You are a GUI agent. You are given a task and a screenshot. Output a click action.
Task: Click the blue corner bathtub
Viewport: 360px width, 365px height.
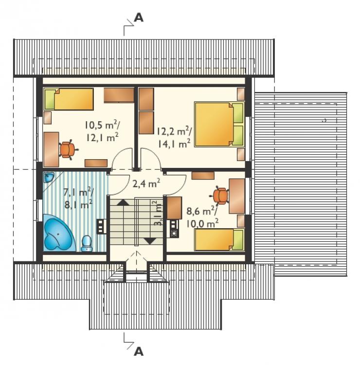[59, 233]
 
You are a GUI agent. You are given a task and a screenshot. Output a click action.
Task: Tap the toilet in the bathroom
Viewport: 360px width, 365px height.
[87, 243]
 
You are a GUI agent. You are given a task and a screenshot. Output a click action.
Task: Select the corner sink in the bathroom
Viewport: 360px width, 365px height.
[48, 178]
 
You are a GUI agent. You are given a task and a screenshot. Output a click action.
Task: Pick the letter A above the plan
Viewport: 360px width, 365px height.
[139, 18]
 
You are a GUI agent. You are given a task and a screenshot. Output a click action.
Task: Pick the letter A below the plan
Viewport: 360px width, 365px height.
[139, 351]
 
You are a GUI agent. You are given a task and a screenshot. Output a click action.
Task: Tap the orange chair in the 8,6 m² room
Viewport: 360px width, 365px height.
[220, 196]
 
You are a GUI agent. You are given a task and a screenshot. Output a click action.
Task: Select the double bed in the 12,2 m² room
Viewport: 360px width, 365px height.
[219, 124]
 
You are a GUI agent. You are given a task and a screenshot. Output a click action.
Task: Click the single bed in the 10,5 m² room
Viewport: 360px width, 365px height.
[69, 99]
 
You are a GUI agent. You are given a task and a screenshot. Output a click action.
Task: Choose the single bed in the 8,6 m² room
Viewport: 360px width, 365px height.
[219, 240]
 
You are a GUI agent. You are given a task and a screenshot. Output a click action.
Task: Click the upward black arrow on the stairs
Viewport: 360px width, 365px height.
[123, 202]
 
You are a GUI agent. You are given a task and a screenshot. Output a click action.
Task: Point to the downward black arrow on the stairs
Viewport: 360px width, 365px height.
[150, 241]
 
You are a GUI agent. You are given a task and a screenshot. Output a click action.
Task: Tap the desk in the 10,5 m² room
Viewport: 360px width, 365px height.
[51, 149]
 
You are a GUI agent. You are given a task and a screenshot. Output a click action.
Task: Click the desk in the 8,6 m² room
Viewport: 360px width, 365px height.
[237, 196]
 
